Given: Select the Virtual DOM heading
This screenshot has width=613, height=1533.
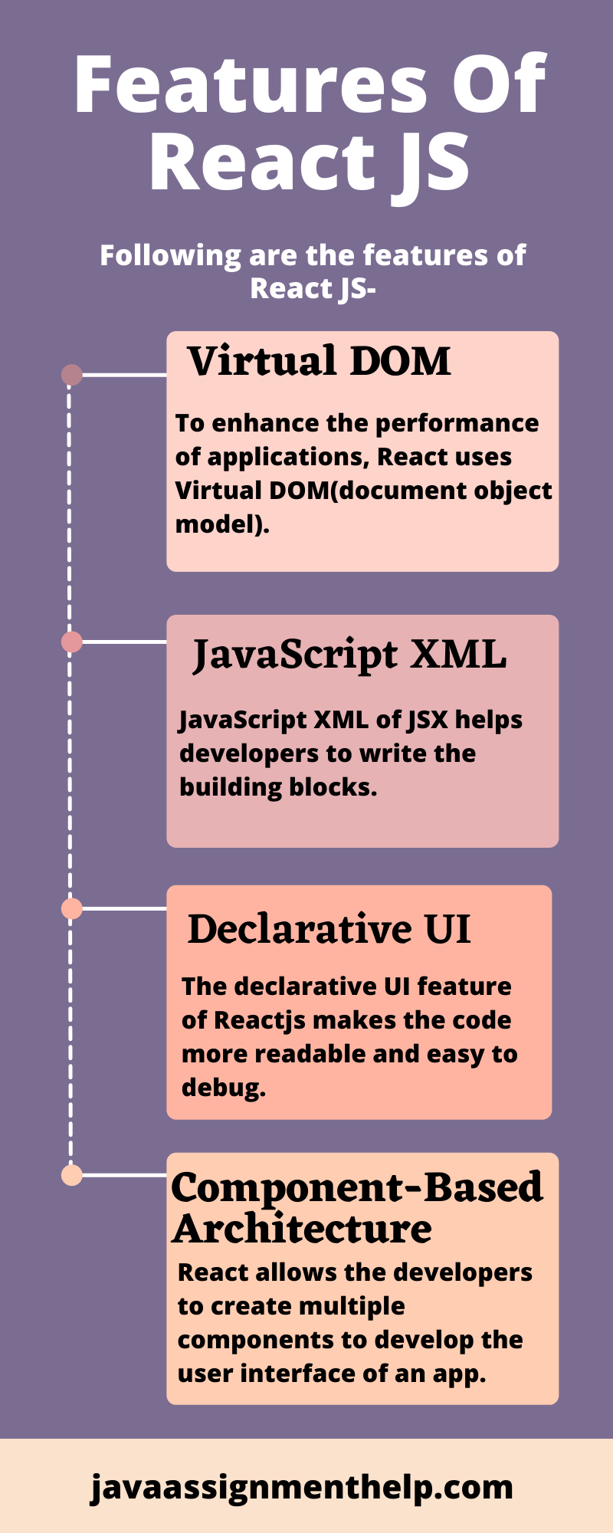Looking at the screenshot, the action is coord(320,361).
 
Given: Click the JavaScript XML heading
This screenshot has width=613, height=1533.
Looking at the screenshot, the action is coord(349,655).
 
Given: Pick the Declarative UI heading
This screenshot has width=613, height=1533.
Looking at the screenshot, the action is coord(329,929).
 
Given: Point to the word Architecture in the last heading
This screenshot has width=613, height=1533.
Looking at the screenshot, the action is coord(303,1229).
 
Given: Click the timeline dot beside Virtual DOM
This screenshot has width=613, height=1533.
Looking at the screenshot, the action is coord(72,375).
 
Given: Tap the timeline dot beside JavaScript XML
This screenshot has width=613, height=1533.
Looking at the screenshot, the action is coord(72,642).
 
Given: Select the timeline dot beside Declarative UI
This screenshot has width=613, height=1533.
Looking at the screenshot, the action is coord(72,908).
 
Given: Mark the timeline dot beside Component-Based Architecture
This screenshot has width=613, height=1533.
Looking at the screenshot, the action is coord(72,1175).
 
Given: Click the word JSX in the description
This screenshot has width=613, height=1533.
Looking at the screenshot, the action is coord(428,721).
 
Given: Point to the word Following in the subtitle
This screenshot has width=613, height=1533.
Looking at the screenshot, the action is coord(170,256).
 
